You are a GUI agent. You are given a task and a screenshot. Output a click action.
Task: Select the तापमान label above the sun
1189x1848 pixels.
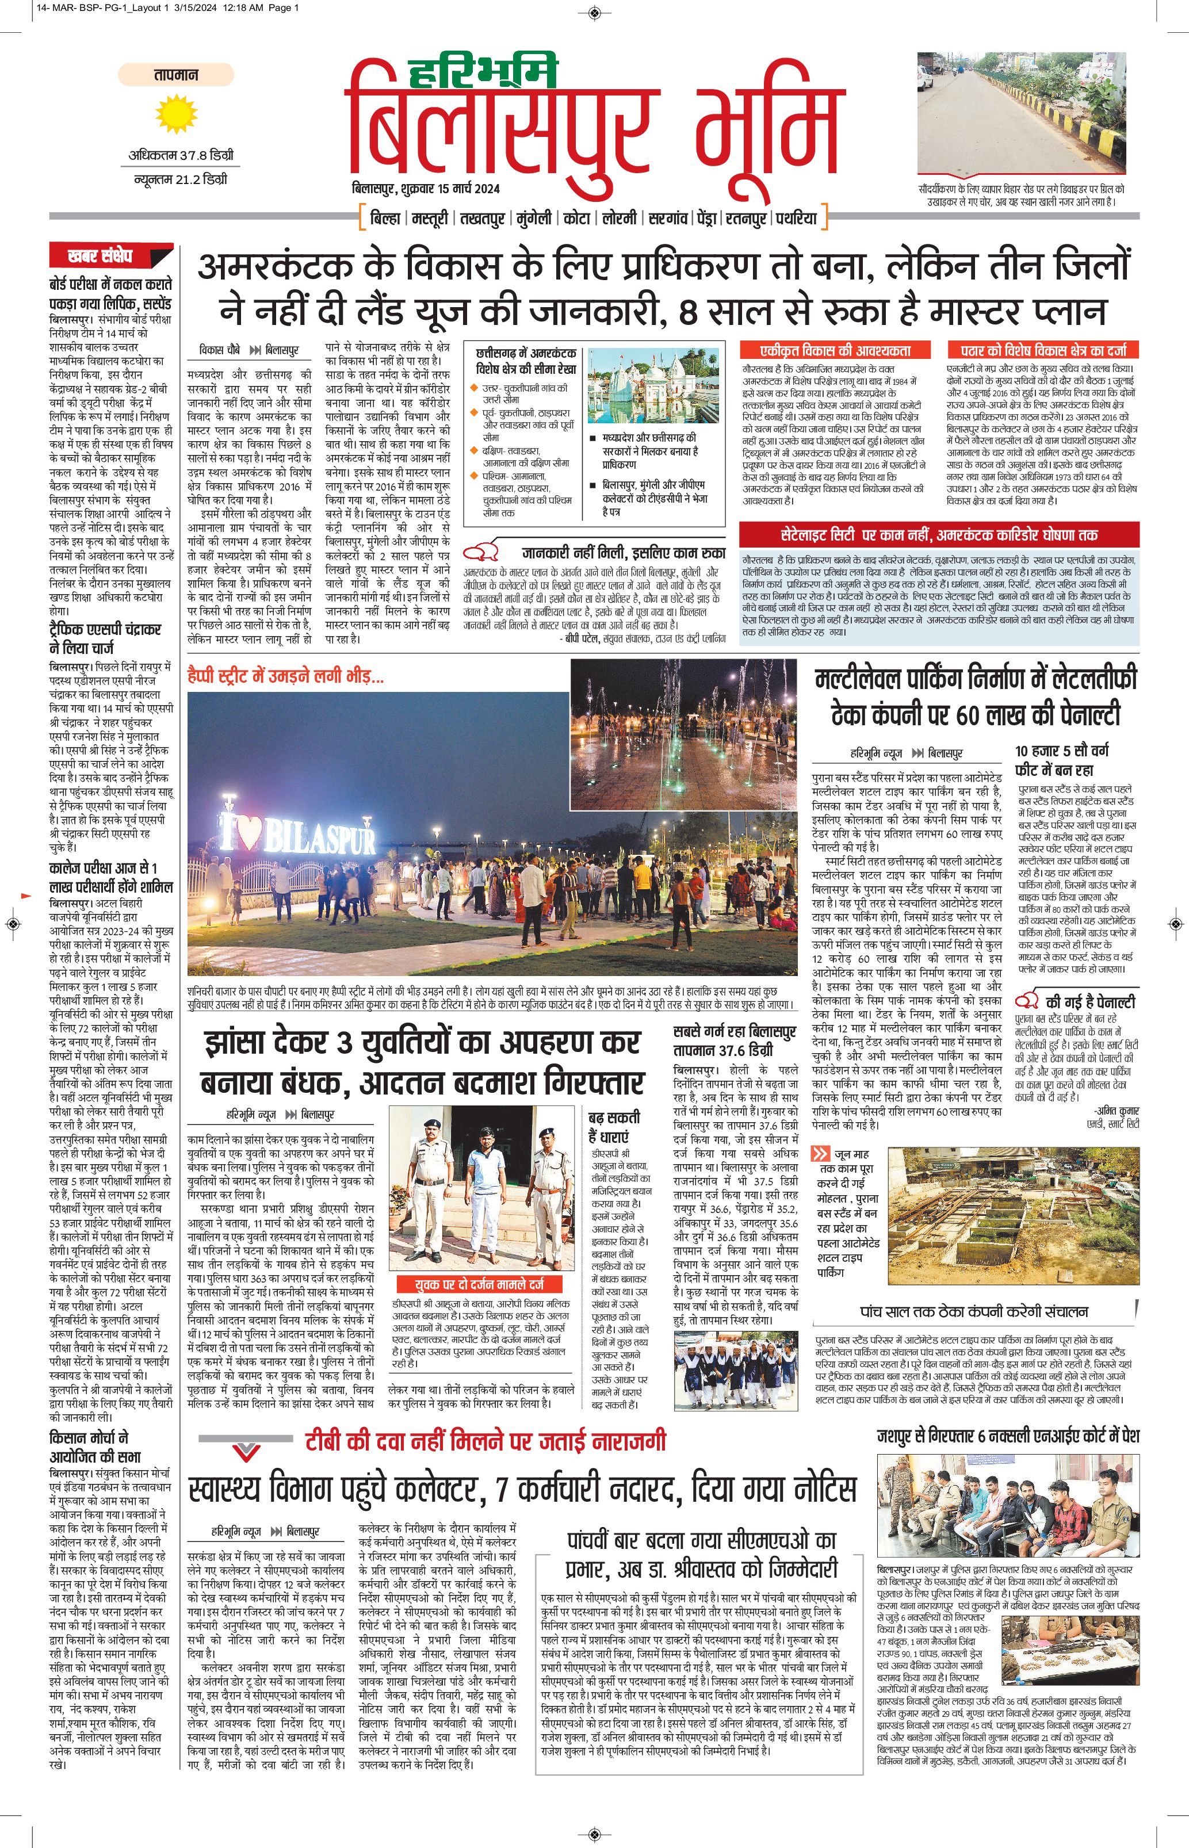pos(176,75)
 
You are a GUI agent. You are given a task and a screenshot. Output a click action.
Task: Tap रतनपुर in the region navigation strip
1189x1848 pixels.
pos(746,219)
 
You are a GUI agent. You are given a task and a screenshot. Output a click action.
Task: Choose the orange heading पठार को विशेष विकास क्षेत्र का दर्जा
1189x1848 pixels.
pos(1042,350)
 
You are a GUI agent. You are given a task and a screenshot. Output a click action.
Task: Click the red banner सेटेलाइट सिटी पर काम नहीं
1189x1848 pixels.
pos(939,534)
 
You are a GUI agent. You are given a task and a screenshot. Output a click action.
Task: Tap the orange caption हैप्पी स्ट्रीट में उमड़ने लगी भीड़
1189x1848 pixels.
pos(286,677)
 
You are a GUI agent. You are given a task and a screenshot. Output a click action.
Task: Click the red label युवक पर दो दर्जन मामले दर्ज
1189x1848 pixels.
pos(480,1284)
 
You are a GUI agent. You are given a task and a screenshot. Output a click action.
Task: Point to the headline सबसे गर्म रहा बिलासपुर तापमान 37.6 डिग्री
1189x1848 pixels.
pos(733,1040)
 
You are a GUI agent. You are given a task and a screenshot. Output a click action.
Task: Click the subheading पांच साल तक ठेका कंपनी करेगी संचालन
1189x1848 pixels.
pos(974,1311)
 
